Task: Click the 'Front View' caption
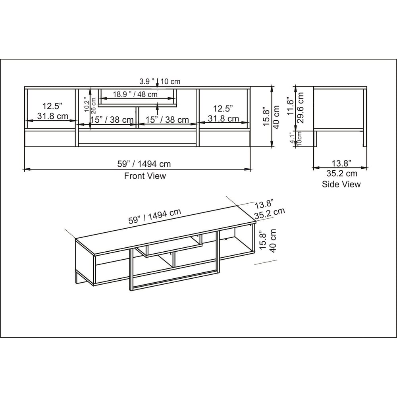tap(145, 176)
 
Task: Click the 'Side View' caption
tap(341, 184)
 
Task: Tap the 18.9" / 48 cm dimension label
tap(135, 94)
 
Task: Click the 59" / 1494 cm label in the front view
tap(144, 164)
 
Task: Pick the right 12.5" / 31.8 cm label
tap(223, 113)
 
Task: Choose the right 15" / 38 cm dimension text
tap(166, 119)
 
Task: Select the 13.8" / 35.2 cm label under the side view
tap(341, 168)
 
